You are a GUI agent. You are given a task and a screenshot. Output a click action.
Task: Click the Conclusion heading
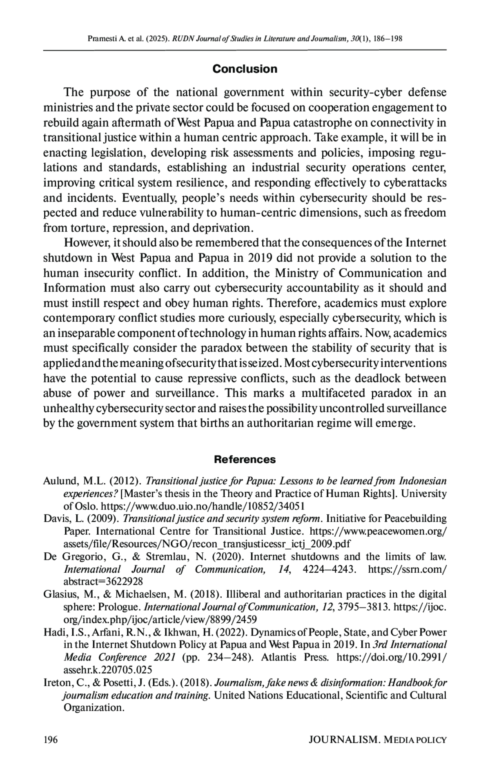(245, 69)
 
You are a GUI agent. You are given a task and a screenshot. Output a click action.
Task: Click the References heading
(245, 459)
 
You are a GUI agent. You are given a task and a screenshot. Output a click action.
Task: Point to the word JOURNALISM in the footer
(344, 740)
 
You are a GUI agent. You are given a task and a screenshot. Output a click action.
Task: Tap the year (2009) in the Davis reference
(108, 519)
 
